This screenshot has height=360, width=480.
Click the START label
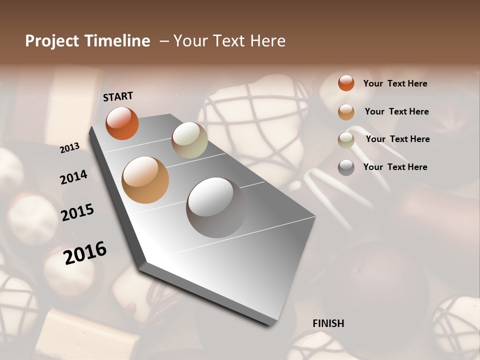coord(118,96)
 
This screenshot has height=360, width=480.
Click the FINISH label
coord(328,323)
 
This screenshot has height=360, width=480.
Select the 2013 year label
coord(70,147)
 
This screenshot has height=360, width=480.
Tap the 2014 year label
coord(73,177)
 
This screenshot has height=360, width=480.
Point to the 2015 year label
coord(77,212)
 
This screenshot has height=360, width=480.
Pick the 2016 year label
coord(85,253)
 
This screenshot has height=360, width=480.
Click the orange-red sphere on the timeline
coord(122,123)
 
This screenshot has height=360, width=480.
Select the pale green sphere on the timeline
coord(189,140)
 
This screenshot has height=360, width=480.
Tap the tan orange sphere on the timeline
coord(145,180)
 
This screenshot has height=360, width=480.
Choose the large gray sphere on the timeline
coord(216,207)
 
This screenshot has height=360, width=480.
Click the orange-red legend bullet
coord(346,83)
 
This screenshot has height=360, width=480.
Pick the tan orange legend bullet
coord(346,112)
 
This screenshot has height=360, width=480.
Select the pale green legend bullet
coord(346,140)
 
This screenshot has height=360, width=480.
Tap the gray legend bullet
coord(346,167)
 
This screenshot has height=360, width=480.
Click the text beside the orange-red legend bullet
coord(395,83)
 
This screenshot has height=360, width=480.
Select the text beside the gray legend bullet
coord(395,167)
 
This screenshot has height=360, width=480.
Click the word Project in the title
coord(52,41)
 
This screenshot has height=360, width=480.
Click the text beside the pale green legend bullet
coord(397,139)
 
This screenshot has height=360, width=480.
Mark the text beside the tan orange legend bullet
coord(396,111)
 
